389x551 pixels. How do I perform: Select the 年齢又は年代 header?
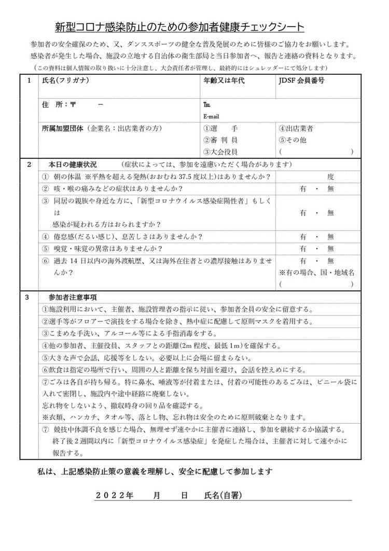point(224,81)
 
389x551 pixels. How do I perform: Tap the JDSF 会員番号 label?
point(302,81)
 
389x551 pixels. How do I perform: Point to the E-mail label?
point(212,116)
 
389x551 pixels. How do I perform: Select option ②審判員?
point(220,140)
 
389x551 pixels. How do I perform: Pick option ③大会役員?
point(220,152)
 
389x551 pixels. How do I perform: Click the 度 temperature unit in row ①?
point(330,177)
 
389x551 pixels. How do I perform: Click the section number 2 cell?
point(29,165)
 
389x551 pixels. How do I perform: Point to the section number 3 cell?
point(29,297)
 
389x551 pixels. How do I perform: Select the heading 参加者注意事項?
point(72,297)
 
